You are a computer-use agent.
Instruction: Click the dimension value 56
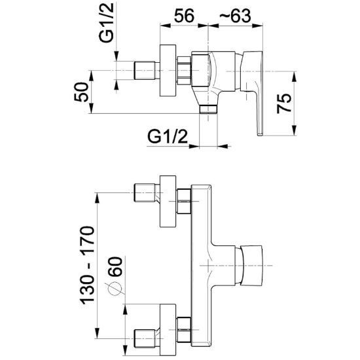[184, 16]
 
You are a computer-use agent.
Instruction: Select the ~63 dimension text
[235, 16]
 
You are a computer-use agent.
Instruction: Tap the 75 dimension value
[284, 103]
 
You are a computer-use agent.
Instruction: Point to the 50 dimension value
[81, 92]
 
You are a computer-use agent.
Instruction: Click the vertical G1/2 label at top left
[106, 22]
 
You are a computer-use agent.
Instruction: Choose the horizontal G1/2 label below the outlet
[168, 137]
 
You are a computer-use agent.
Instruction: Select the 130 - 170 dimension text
[87, 266]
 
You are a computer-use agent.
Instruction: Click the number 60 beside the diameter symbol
[115, 267]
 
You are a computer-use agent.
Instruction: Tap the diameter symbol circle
[115, 289]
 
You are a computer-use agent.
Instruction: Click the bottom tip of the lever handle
[260, 135]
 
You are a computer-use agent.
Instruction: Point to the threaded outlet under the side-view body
[208, 109]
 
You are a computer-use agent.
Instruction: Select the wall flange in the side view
[168, 71]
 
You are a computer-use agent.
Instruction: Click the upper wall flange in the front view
[168, 202]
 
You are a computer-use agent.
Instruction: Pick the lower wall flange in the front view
[168, 330]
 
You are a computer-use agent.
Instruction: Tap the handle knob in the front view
[251, 266]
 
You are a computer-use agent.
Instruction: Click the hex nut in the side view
[184, 71]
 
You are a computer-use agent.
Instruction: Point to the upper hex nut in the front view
[184, 202]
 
